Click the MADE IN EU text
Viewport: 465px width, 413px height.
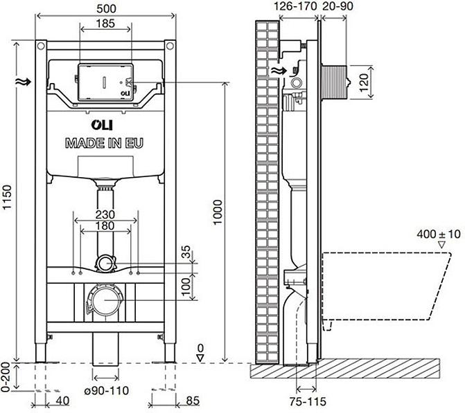tap(105, 143)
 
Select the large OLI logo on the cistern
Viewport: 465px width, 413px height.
tap(104, 125)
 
